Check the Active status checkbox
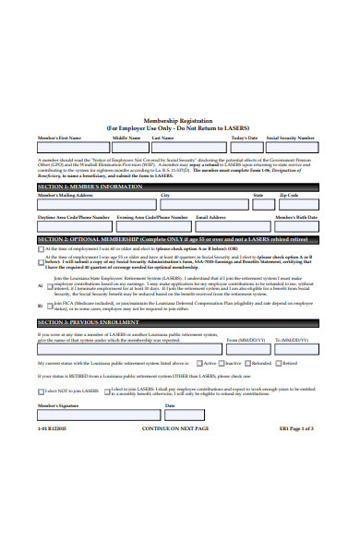(199, 364)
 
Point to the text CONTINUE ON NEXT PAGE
(176, 429)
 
